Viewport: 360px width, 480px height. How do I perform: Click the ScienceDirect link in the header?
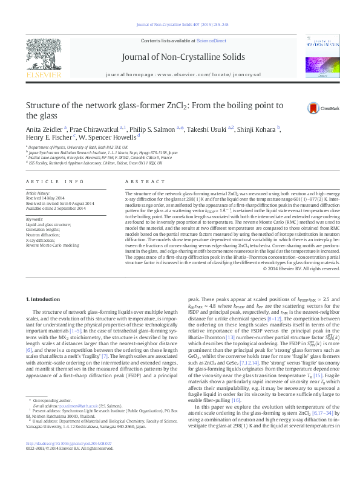[x=212, y=41]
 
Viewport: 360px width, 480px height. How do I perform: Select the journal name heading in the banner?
[x=183, y=57]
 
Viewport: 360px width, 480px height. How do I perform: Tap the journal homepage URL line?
[x=183, y=73]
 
